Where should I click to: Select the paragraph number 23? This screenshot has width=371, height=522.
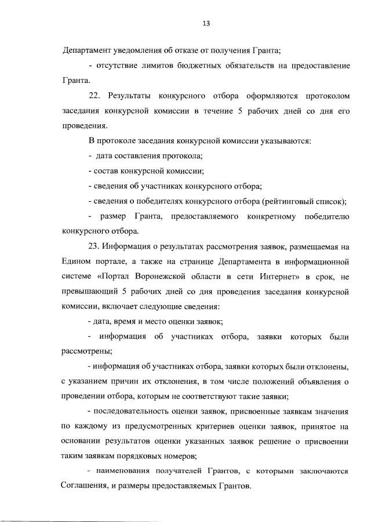[95, 248]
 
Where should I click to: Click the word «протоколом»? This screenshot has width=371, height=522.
[323, 95]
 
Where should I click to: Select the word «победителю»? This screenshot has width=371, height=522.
[324, 217]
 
